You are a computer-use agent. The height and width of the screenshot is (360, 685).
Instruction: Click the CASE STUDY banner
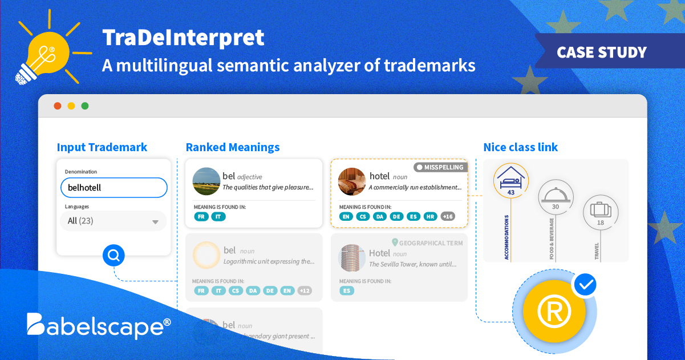[601, 52]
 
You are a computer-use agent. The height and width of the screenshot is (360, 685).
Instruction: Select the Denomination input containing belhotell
[114, 187]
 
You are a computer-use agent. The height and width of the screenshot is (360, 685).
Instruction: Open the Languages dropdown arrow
[155, 222]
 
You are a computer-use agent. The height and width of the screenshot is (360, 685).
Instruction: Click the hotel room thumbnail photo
[351, 181]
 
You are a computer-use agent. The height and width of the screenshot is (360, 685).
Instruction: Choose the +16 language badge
[447, 216]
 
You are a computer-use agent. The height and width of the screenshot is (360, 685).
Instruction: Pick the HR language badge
[431, 216]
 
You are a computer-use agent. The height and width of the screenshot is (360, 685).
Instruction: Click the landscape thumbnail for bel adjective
[206, 181]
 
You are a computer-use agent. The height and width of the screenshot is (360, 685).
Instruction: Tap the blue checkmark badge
[584, 285]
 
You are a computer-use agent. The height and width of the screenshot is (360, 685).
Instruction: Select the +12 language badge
[305, 290]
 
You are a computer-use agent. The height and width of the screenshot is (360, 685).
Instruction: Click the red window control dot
[57, 106]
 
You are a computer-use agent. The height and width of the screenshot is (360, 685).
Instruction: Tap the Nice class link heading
[520, 147]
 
